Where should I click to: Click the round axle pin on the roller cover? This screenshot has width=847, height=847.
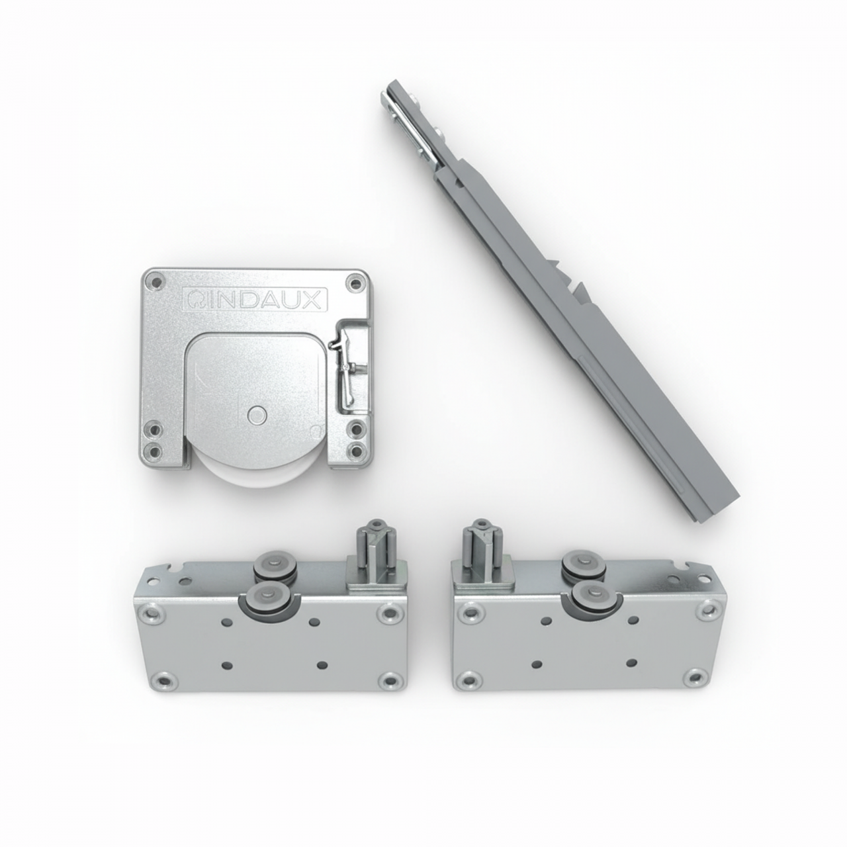(x=256, y=414)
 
